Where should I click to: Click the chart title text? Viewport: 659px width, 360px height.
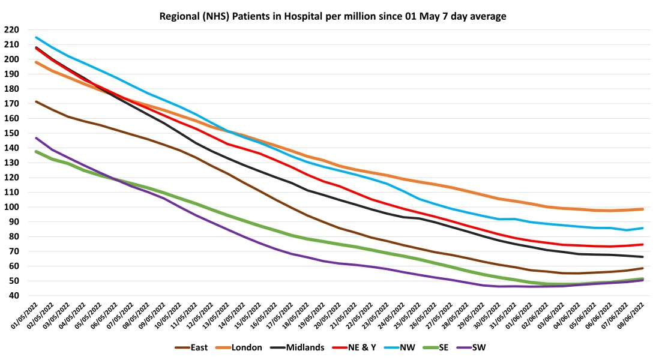333,16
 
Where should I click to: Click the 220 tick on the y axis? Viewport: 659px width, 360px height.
11,30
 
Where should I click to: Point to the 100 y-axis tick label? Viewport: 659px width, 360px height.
11,208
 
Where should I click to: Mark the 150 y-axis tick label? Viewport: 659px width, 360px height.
11,133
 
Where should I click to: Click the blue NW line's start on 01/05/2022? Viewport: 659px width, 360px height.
37,37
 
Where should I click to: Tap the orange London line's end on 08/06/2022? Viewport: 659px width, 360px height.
643,209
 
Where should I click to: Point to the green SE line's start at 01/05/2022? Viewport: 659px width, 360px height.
37,151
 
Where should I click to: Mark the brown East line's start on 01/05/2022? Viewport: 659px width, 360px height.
37,101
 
